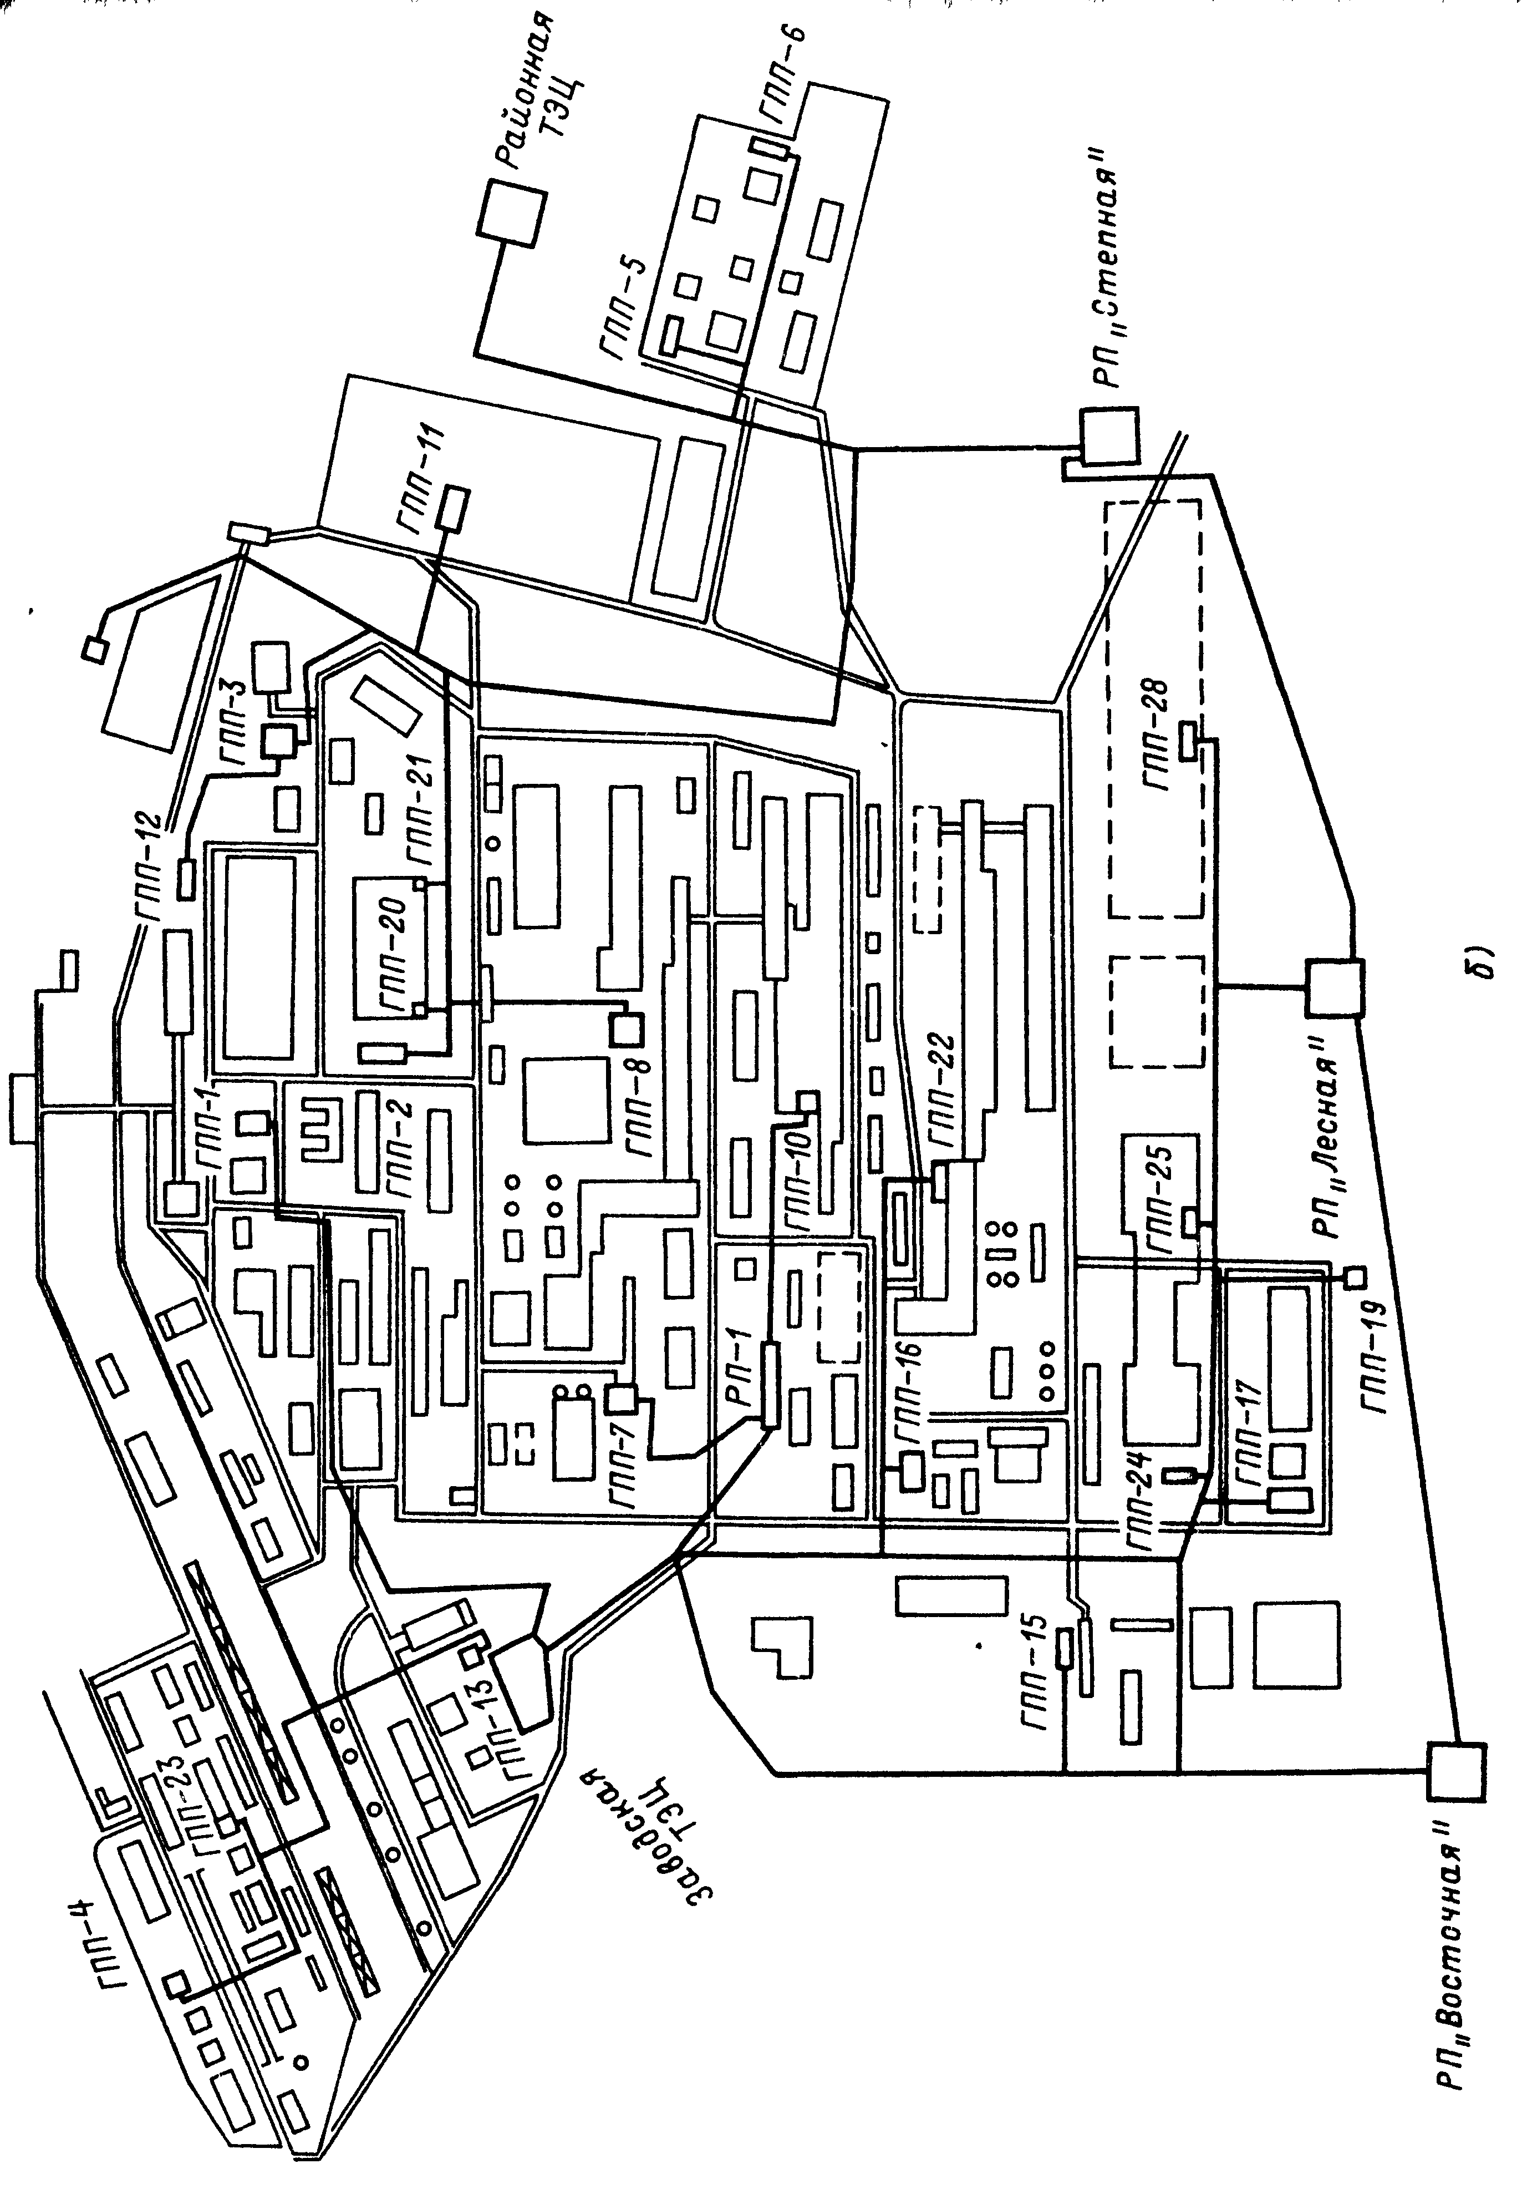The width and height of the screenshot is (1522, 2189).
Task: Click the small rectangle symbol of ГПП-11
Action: tap(454, 507)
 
